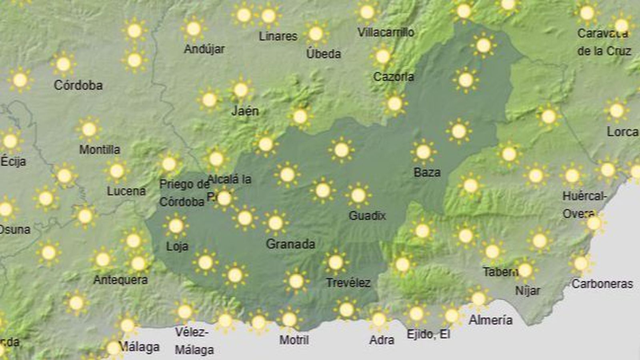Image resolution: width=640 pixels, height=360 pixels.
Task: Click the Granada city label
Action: [290, 244]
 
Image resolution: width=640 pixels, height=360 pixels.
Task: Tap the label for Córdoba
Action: [78, 85]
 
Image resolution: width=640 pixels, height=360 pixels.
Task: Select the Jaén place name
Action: [245, 111]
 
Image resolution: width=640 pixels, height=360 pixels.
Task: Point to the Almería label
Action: [490, 320]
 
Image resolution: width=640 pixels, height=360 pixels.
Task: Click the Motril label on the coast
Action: [294, 340]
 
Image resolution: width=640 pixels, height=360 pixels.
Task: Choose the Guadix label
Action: [367, 216]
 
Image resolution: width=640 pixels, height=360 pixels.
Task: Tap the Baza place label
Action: [427, 172]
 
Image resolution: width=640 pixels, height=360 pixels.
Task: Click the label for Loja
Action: [177, 246]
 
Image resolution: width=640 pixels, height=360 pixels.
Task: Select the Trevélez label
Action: [348, 283]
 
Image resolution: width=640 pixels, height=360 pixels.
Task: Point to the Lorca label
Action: [622, 132]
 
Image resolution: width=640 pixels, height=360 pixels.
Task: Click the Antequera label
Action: [120, 280]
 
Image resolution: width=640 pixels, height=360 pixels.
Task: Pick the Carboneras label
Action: [602, 284]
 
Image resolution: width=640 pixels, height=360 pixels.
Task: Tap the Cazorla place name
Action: [393, 76]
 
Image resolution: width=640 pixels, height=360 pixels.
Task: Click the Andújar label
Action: [204, 49]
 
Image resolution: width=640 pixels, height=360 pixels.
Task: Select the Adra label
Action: [382, 340]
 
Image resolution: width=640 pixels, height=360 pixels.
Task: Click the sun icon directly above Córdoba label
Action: [64, 64]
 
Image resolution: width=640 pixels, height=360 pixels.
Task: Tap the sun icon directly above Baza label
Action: [423, 152]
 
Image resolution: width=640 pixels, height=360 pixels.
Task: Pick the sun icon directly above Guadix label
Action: [358, 195]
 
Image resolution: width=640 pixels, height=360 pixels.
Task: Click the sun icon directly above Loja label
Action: [176, 226]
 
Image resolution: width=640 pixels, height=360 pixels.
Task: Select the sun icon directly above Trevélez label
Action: [336, 262]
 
